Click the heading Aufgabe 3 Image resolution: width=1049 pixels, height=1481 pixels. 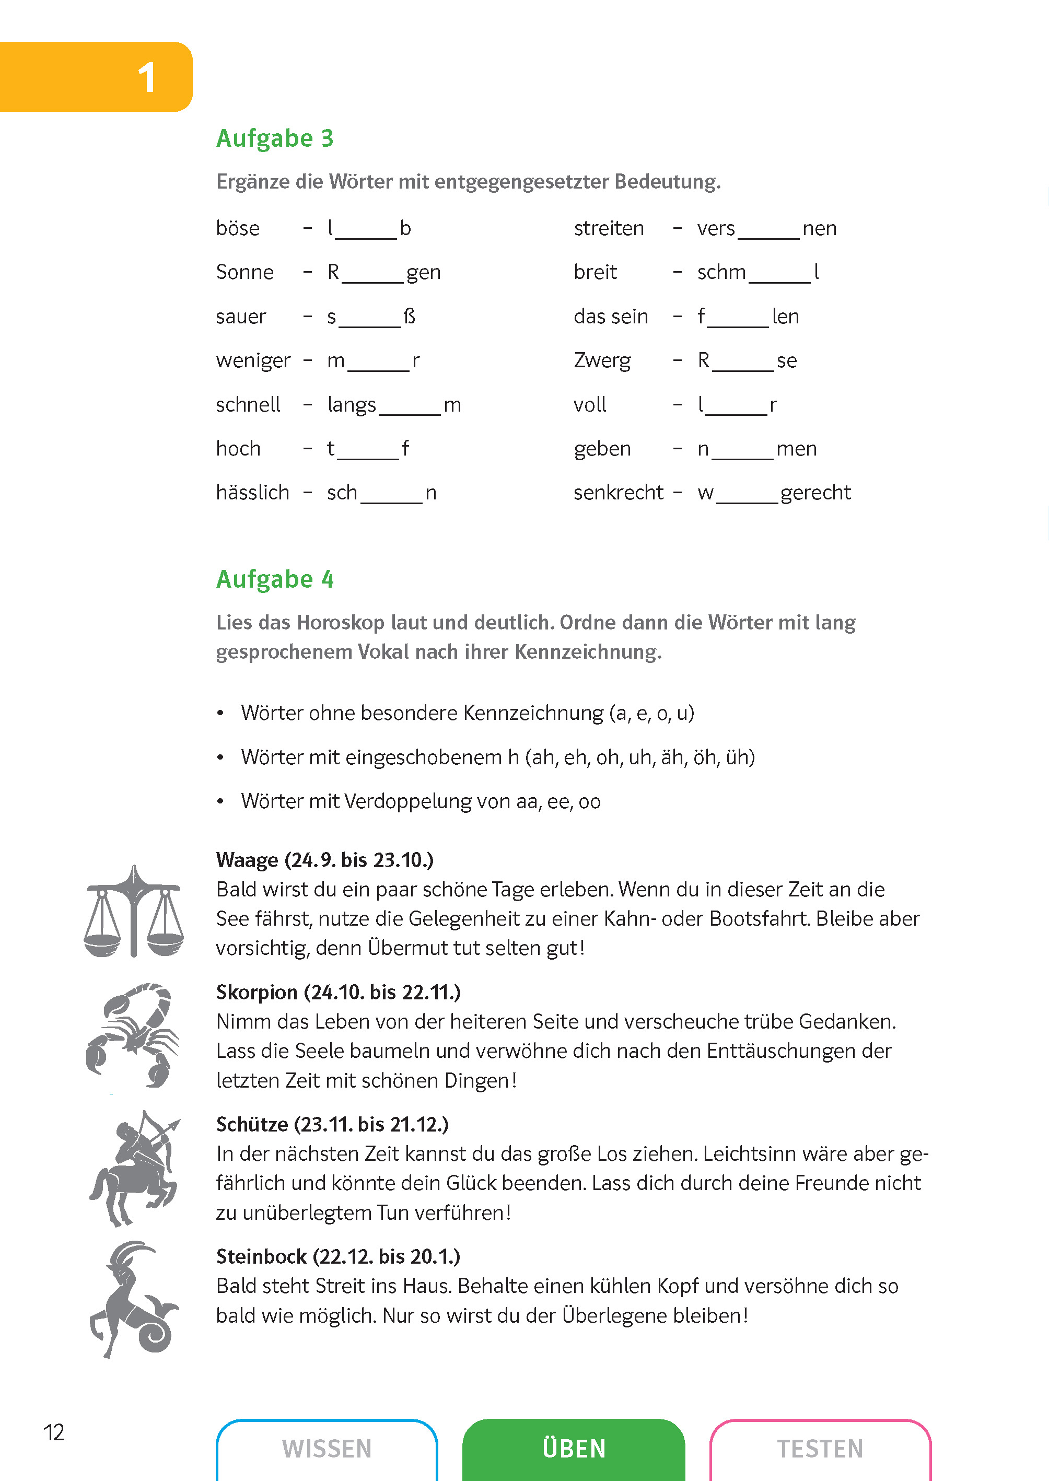click(274, 138)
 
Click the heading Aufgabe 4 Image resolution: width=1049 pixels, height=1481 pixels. click(274, 579)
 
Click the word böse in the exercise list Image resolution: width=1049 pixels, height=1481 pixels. click(238, 229)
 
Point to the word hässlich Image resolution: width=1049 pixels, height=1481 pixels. click(252, 493)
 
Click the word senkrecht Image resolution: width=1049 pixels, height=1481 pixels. click(618, 493)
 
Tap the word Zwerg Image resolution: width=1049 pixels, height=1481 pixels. click(602, 360)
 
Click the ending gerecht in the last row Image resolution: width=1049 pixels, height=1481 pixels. click(815, 493)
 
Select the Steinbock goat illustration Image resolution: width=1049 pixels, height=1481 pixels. click(133, 1298)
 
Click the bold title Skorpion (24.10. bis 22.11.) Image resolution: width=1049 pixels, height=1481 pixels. click(339, 992)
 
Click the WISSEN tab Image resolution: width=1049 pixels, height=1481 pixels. click(327, 1449)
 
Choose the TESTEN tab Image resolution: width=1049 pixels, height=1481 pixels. click(820, 1449)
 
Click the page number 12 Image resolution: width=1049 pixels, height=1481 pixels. click(54, 1432)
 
